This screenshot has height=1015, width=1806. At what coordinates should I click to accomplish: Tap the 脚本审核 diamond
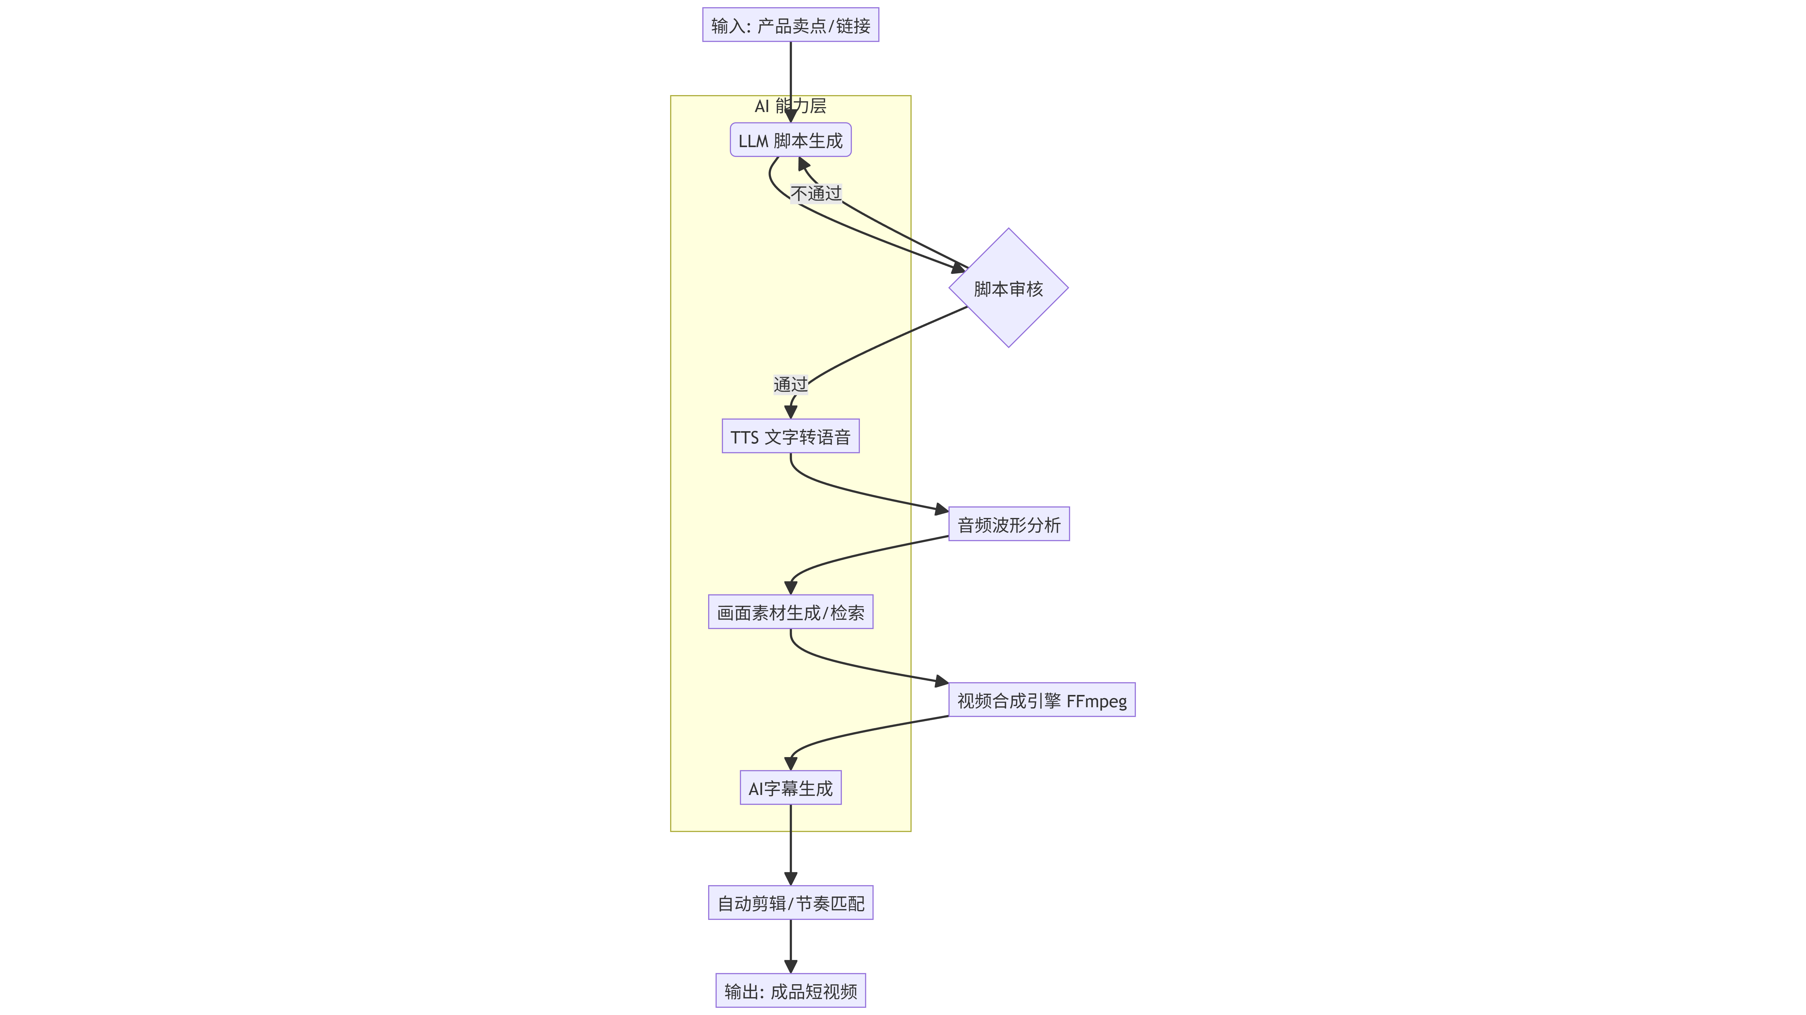click(x=1008, y=288)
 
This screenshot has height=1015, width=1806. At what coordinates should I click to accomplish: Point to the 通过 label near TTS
click(x=790, y=384)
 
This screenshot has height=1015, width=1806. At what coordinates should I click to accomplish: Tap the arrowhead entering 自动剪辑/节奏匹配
click(x=791, y=879)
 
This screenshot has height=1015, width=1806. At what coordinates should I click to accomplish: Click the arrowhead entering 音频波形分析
click(x=941, y=510)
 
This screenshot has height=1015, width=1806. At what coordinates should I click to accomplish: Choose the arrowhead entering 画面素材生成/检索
click(x=791, y=588)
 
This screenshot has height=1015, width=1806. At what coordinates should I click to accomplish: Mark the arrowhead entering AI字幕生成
click(x=791, y=763)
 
